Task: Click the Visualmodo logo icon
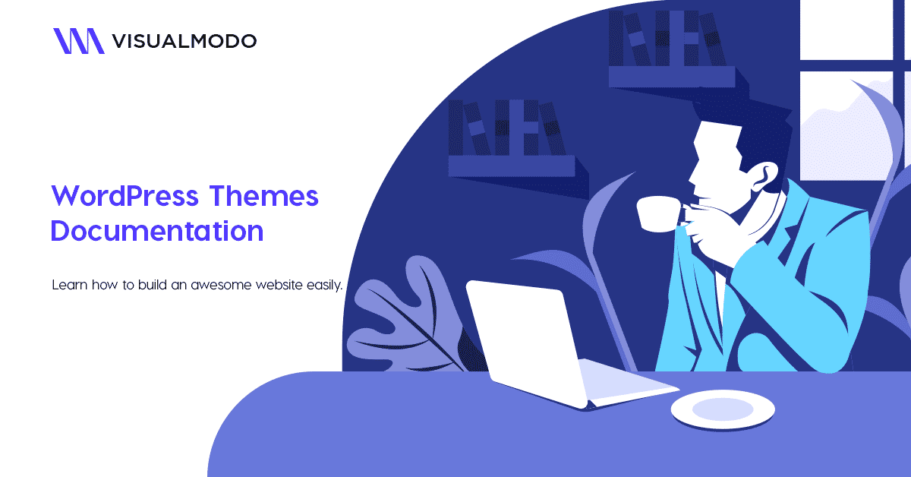click(78, 41)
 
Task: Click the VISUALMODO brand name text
click(184, 41)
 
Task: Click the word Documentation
click(157, 231)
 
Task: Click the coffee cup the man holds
click(657, 213)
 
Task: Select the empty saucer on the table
click(722, 411)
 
